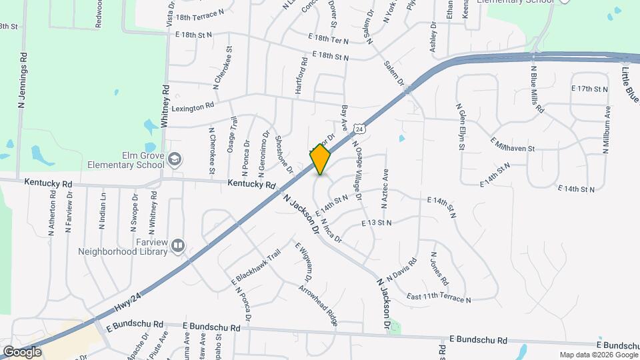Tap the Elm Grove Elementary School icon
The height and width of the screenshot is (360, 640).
tap(174, 159)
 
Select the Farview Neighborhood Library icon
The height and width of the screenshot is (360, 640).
tap(177, 246)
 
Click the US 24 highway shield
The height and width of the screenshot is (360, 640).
tap(359, 127)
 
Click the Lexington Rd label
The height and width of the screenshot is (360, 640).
tap(193, 106)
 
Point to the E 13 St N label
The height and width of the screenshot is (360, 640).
tap(377, 222)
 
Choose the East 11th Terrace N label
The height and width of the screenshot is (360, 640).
tap(438, 297)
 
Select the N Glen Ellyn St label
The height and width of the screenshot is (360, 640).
tap(460, 126)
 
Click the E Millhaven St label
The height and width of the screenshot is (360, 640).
tap(513, 145)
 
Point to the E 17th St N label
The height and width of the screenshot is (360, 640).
tap(589, 88)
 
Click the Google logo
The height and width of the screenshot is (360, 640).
tap(23, 351)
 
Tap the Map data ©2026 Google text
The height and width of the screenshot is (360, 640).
tap(597, 355)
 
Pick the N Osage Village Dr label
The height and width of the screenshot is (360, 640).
tap(357, 171)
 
